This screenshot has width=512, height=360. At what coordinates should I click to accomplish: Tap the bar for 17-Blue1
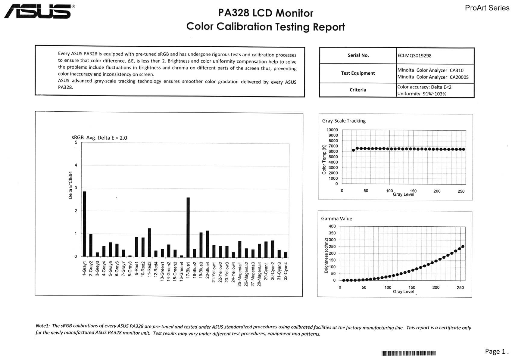coord(188,227)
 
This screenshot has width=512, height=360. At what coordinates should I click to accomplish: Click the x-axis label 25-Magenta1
coord(240,274)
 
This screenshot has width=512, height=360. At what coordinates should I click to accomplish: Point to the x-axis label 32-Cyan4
coord(286,271)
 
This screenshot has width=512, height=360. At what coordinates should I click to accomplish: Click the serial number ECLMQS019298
coord(414,56)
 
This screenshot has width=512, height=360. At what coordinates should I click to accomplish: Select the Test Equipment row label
coord(358,73)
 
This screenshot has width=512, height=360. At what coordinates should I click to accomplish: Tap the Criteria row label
coord(358,90)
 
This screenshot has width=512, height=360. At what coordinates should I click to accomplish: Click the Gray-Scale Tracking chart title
coord(344,121)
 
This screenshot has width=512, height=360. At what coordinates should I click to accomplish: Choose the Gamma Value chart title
coord(336,219)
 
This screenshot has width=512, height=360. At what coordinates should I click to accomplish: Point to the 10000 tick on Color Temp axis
coord(332,130)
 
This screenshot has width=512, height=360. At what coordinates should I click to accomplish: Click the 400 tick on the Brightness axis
coord(332,226)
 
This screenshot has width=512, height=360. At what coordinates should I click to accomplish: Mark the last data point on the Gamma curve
coord(463,247)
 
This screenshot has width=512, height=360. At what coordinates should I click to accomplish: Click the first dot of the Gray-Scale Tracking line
coord(353,150)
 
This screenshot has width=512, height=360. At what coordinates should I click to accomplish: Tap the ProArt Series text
coord(487,8)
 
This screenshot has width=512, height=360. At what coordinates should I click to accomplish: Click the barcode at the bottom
coord(409,353)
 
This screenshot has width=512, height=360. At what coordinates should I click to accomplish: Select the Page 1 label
coord(496,351)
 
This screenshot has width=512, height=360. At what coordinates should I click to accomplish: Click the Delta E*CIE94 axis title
coord(70,185)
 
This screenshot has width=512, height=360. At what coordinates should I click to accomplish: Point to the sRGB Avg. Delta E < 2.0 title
coord(99,138)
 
